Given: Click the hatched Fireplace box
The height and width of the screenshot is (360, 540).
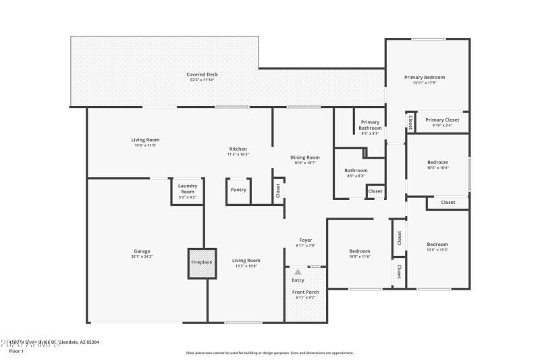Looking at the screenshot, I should click(202, 263).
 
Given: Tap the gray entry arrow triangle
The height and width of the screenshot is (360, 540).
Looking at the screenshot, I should click(298, 272).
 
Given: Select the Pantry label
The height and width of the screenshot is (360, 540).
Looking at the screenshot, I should click(238, 190).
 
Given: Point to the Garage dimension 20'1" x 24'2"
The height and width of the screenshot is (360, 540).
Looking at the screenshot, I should click(142, 257).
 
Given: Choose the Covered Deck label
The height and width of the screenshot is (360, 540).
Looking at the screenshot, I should click(202, 74).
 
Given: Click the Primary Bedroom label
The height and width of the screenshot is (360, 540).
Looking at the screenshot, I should click(425, 77).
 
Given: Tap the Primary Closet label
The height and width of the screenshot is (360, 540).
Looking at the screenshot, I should click(443, 120).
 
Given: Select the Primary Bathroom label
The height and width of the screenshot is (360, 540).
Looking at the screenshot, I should click(370, 125).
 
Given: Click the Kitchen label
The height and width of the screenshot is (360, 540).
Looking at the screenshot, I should click(238, 149).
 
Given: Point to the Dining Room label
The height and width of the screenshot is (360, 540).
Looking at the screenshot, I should click(304, 157).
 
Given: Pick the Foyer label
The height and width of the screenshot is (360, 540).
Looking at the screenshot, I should click(306, 240).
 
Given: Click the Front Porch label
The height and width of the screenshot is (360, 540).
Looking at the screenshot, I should click(306, 292).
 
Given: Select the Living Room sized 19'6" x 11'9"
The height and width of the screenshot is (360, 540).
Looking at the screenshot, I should click(145, 140).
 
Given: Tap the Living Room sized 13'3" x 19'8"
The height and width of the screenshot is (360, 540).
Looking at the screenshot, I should click(246, 260).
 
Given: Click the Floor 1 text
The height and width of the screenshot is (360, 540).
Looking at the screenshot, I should click(16, 351).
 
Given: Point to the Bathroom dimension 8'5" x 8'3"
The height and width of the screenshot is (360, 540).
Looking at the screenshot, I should click(356, 176).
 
